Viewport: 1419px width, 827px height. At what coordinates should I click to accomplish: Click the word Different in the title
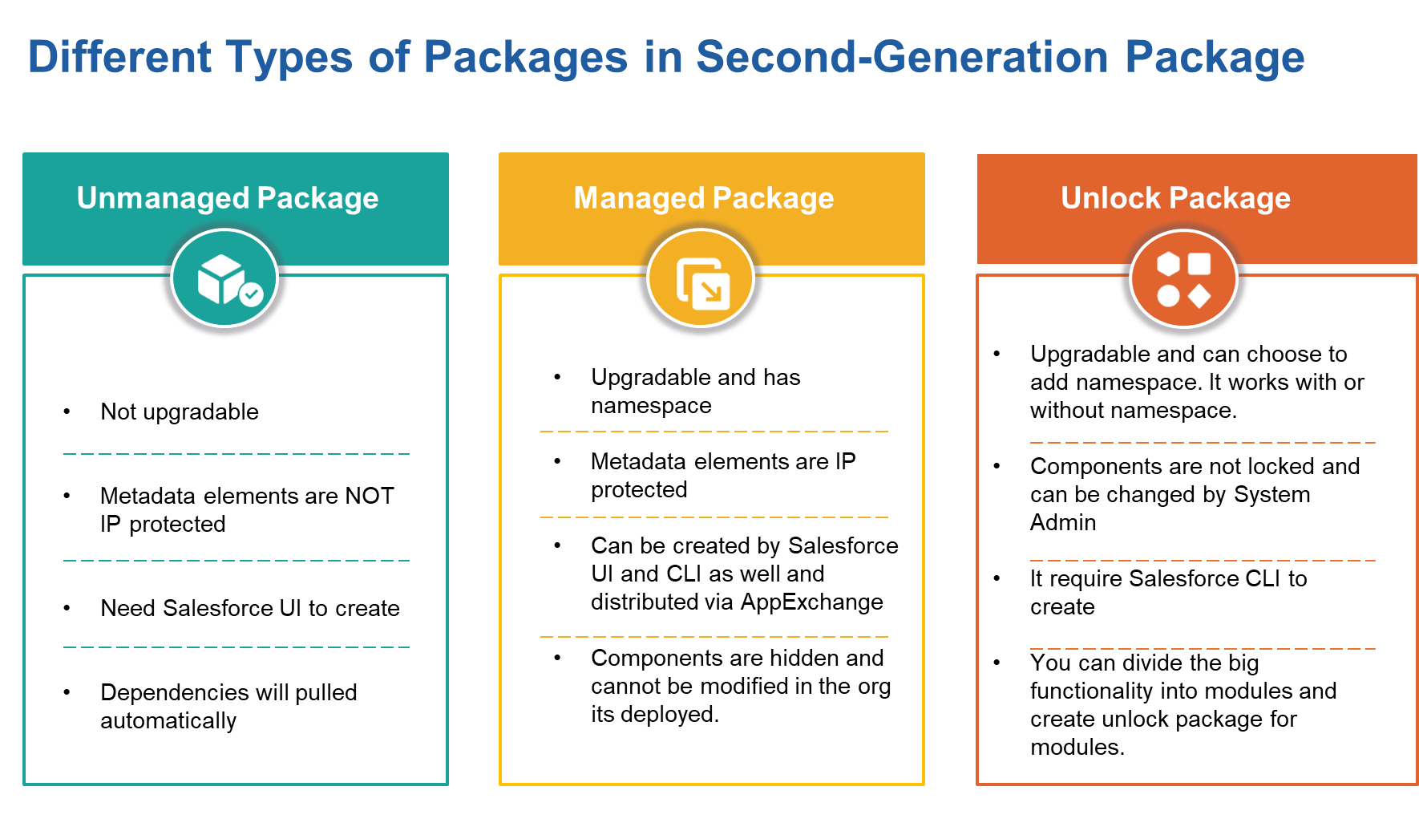[x=119, y=58]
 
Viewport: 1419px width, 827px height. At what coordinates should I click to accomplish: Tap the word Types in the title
[x=289, y=58]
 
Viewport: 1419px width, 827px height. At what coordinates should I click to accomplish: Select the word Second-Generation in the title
[x=902, y=58]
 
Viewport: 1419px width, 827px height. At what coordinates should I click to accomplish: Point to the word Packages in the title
[x=525, y=58]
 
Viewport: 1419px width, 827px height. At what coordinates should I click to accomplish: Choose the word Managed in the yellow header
[x=638, y=197]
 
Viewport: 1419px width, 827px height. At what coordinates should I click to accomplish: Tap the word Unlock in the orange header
[x=1110, y=197]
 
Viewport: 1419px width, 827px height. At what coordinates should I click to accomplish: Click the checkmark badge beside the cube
[x=252, y=295]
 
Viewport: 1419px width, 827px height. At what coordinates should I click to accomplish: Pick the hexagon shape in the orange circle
[x=1168, y=264]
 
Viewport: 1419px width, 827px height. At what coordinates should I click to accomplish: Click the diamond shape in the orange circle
[x=1199, y=296]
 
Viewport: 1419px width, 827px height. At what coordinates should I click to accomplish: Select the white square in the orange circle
[x=1199, y=264]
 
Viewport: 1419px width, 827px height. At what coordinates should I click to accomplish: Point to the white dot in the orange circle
[x=1168, y=296]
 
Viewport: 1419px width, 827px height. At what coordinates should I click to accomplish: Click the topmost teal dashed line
[x=236, y=454]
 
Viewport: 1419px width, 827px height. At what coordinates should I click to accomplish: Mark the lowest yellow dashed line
[x=714, y=637]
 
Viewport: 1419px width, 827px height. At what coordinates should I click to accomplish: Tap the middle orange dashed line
[x=1203, y=561]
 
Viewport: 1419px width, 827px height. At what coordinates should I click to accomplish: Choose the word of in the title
[x=389, y=58]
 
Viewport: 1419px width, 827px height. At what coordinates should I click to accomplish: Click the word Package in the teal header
[x=317, y=197]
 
